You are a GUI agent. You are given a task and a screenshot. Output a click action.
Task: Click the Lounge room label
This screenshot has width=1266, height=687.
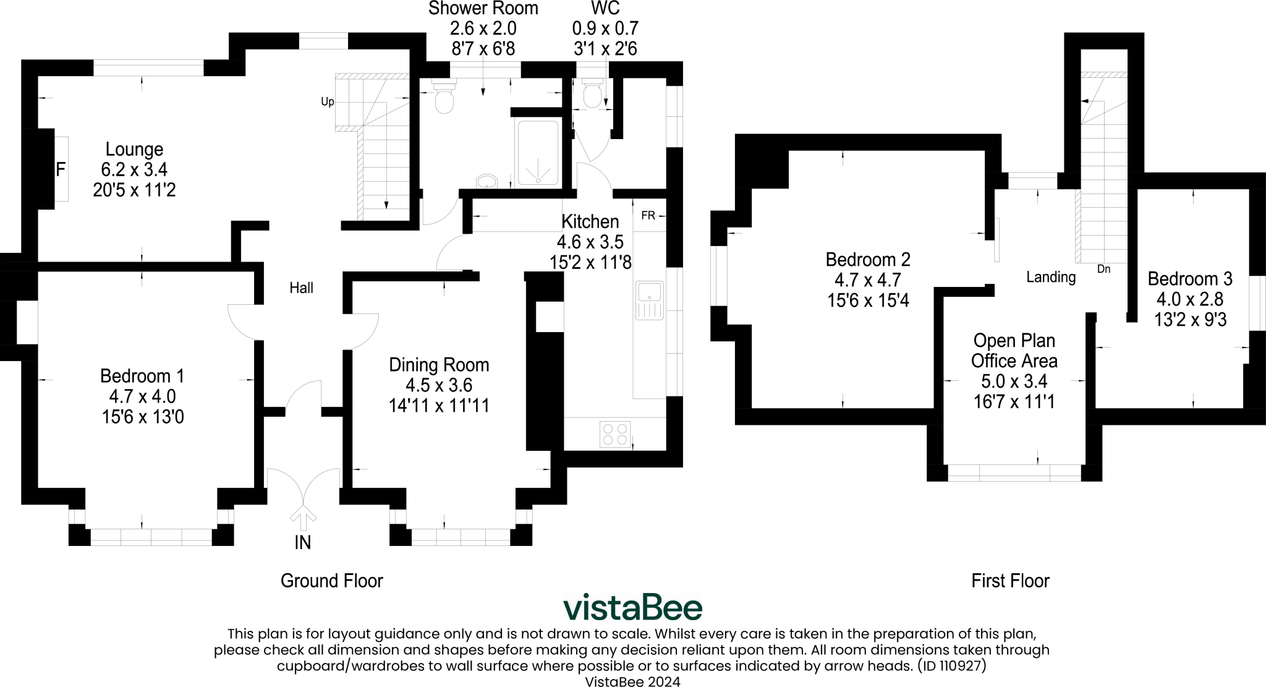pos(134,150)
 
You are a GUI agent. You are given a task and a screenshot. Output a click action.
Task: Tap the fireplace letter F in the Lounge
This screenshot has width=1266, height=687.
pos(61,169)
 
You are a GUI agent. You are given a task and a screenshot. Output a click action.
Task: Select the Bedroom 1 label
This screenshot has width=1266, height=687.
pos(142,376)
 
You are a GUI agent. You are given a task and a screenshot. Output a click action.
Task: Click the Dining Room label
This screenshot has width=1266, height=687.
pos(439,365)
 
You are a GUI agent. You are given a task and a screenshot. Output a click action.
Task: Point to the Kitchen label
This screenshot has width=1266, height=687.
pos(590,221)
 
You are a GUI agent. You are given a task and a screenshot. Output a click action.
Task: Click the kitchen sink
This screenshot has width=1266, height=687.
pos(648,301)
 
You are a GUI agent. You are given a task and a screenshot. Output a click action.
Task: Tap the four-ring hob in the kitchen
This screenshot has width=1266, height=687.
pos(615,433)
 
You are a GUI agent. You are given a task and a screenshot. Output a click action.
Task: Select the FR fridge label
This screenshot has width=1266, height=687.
pos(648,216)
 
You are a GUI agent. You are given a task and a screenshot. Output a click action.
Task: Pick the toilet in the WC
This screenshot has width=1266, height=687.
pos(592,95)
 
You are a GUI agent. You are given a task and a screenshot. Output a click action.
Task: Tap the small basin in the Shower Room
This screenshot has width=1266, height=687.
pos(487,181)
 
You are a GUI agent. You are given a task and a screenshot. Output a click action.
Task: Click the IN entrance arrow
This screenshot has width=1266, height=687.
pos(302,518)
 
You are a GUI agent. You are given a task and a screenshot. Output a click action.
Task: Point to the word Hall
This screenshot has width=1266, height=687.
pos(302,288)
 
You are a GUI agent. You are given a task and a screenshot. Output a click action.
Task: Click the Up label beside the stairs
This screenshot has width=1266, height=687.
pos(327,101)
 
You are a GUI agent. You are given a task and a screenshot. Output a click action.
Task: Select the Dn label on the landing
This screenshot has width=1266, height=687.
pos(1103,269)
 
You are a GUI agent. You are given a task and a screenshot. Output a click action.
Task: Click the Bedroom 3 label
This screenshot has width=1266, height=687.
pos(1190,279)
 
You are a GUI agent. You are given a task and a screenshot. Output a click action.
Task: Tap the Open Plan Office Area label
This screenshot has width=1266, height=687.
pos(1014,351)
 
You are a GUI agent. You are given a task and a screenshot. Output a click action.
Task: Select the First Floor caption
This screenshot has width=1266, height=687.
pos(1010,581)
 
